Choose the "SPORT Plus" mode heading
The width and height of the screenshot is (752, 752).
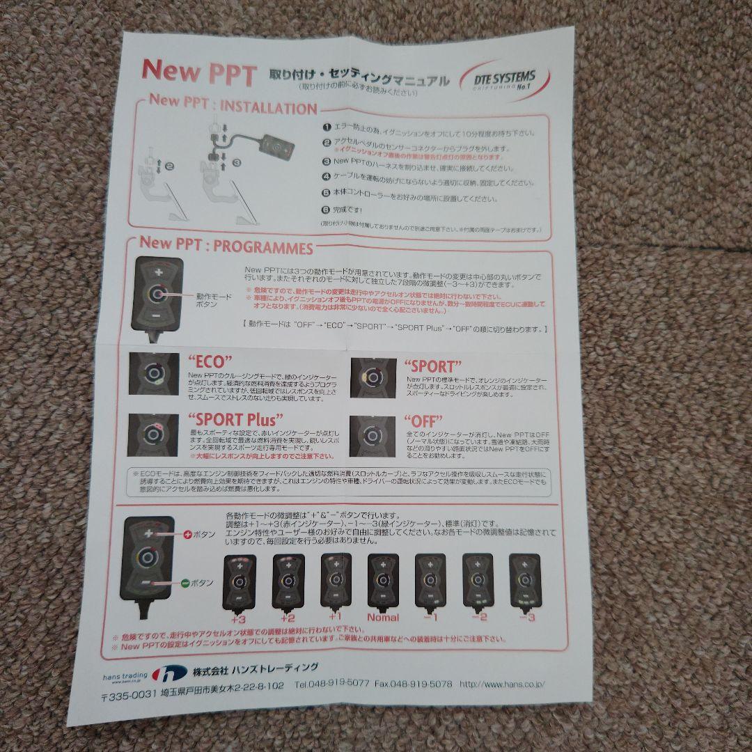(x=235, y=420)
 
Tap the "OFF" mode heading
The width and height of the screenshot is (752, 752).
(x=423, y=421)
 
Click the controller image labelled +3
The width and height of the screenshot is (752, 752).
(x=239, y=583)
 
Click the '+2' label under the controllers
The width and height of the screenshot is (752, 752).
(x=288, y=617)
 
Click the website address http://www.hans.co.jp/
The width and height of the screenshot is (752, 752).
(x=503, y=684)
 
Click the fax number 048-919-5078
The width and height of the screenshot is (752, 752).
(x=415, y=684)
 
